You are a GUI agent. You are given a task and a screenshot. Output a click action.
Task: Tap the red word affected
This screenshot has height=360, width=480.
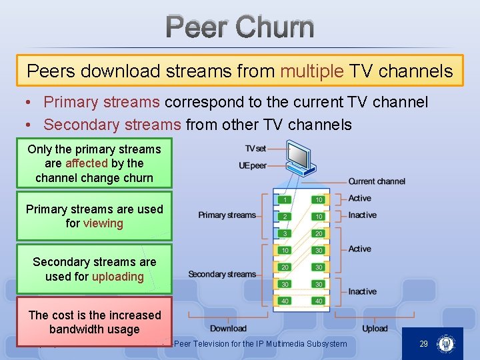tap(87, 163)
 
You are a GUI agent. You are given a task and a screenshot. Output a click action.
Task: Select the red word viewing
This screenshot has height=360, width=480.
tap(103, 223)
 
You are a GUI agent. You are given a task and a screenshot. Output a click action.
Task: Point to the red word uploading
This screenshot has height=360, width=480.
tap(118, 277)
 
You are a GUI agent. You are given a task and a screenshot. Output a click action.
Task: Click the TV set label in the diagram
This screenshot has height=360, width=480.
tap(255, 149)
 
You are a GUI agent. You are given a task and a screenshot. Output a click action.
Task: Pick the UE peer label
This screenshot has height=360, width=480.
tap(253, 165)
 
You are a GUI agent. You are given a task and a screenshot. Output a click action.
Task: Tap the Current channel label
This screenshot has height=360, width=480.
tap(377, 181)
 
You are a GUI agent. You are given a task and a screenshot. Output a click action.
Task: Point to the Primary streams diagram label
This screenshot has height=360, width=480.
tap(227, 215)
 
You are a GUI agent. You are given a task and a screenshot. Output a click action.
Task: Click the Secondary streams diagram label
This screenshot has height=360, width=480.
tap(222, 274)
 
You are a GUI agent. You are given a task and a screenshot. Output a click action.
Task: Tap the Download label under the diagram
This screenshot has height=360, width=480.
tap(228, 329)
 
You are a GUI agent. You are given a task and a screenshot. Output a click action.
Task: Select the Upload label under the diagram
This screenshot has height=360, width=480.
tap(375, 329)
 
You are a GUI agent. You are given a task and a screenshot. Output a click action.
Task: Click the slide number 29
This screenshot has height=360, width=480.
tap(423, 344)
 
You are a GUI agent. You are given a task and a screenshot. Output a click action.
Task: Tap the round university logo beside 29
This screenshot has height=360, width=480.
tap(445, 344)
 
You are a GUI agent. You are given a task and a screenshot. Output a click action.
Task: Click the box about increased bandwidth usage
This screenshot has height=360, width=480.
tap(95, 322)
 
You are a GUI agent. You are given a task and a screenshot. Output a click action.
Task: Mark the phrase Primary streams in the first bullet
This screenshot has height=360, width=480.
tap(101, 103)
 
